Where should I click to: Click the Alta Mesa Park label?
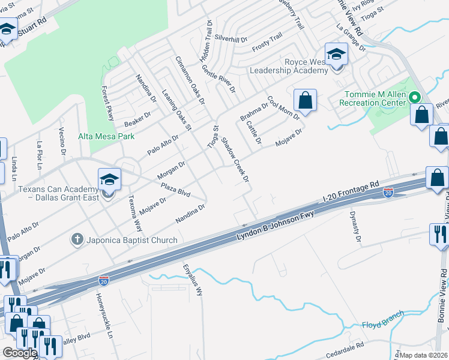tap(106, 136)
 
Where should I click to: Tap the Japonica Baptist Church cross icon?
tap(77, 240)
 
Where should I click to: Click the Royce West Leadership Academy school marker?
tap(336, 55)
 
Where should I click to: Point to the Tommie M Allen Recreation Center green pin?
tap(414, 97)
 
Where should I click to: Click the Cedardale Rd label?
tap(343, 347)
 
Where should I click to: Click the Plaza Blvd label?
tap(175, 190)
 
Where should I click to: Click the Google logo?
tap(19, 353)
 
